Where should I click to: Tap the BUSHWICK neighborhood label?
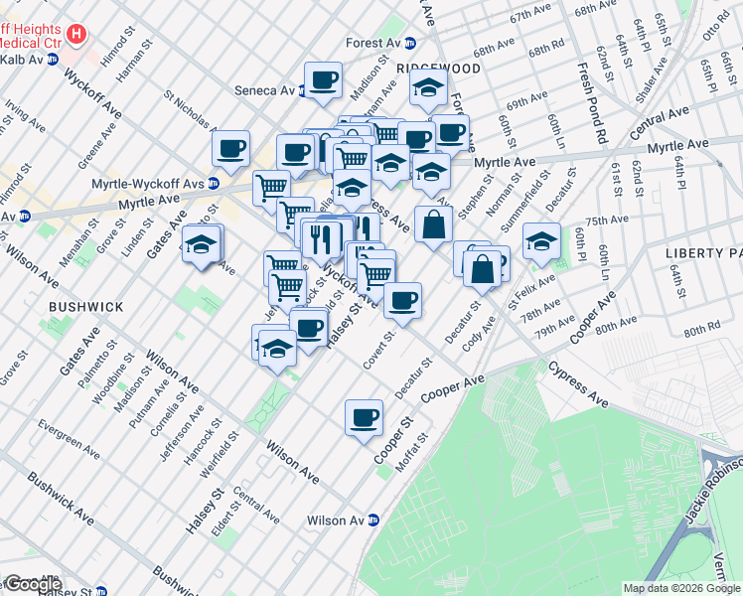(x=86, y=307)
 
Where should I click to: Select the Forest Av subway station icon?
(x=408, y=43)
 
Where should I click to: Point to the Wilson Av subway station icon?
(x=373, y=520)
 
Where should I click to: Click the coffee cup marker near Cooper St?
(x=364, y=415)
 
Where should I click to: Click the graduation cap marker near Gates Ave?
(x=202, y=244)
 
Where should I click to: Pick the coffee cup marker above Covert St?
(x=402, y=300)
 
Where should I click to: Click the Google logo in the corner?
(x=32, y=583)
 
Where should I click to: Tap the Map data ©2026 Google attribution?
(x=681, y=588)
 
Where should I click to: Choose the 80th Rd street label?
(x=700, y=328)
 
